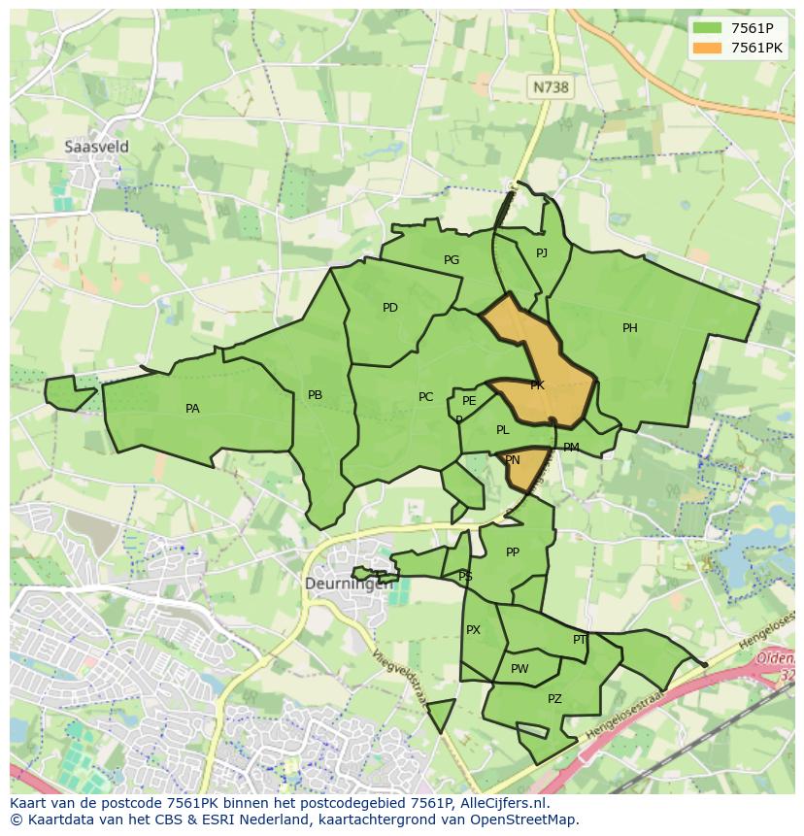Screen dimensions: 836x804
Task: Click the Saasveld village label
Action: [96, 147]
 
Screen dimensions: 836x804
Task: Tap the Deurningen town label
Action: [350, 584]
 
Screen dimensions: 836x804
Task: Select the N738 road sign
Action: [551, 87]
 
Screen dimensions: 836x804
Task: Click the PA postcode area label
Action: [192, 409]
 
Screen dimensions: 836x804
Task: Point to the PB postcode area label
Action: [315, 395]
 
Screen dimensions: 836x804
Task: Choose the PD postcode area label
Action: [390, 308]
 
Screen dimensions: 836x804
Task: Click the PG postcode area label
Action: [452, 260]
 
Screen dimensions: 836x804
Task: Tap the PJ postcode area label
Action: [542, 253]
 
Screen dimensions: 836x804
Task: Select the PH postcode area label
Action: [630, 328]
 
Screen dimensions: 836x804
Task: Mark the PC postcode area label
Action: [425, 397]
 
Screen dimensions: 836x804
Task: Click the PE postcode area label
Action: [469, 401]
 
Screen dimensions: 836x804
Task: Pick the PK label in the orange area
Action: [537, 385]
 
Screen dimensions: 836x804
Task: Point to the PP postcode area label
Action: [513, 552]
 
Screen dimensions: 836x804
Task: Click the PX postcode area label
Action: [473, 630]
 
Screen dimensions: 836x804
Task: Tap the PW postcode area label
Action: [519, 669]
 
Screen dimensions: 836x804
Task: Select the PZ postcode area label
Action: [554, 699]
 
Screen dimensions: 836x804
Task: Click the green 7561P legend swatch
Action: [707, 28]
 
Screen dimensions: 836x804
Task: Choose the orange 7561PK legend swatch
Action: [707, 48]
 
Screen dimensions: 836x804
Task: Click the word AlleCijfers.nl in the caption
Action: [501, 804]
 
